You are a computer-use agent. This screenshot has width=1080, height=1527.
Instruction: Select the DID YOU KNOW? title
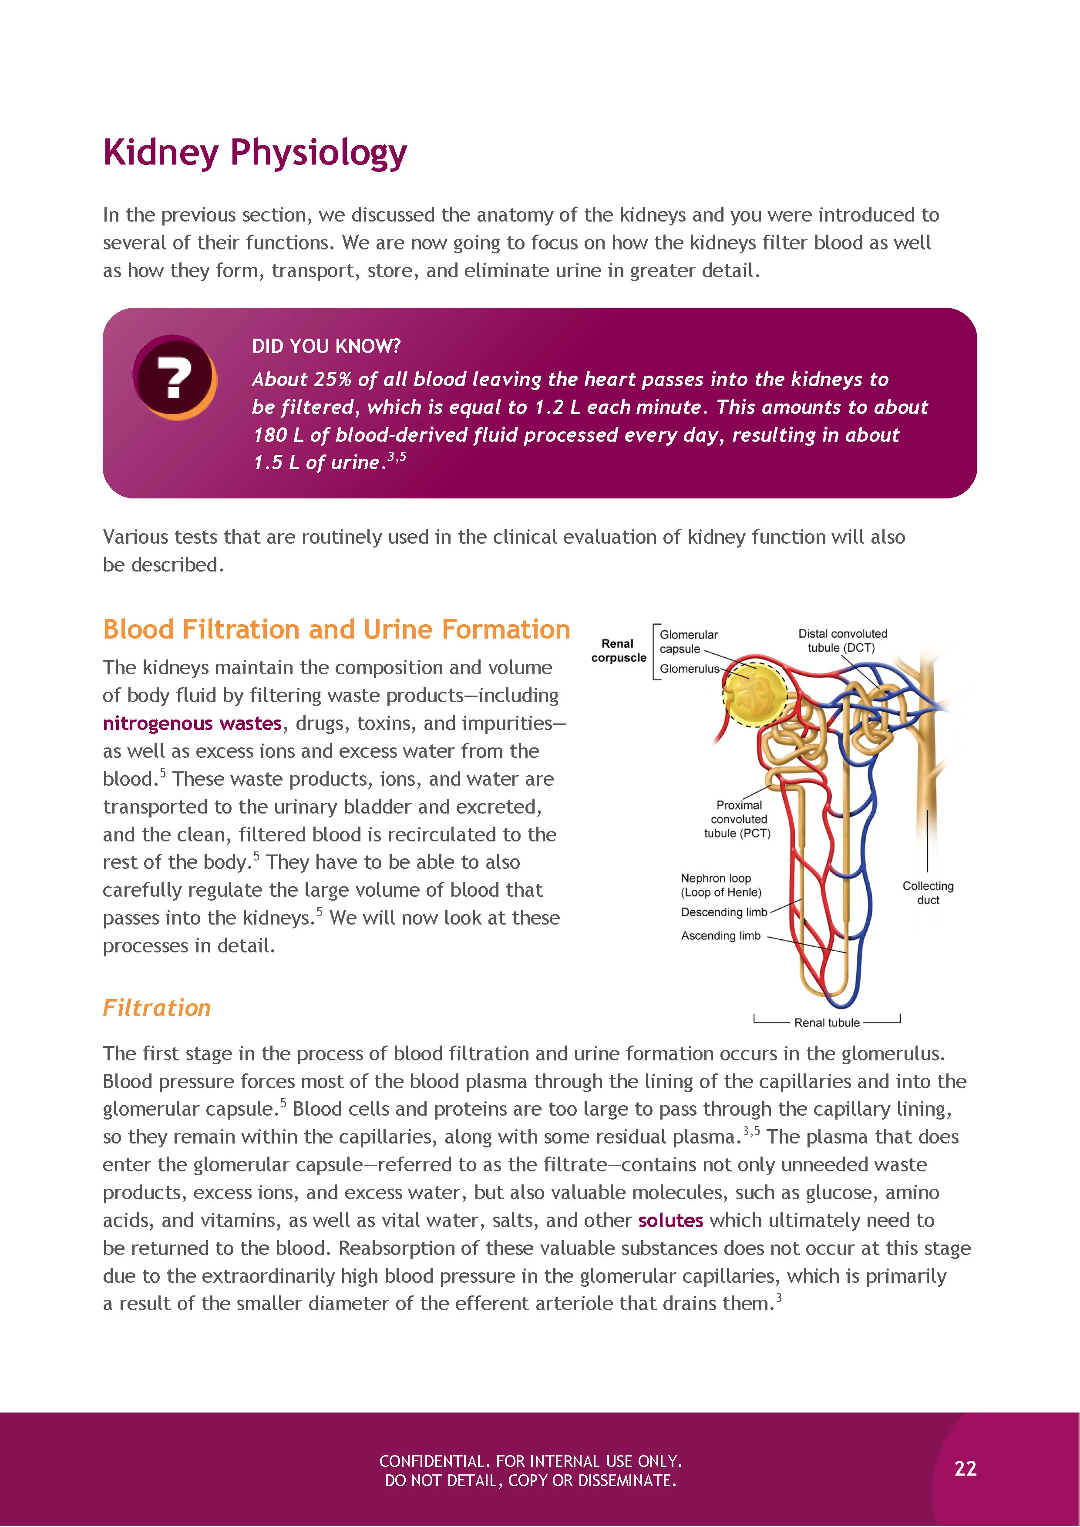click(326, 346)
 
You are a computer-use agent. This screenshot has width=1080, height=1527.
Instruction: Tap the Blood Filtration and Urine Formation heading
click(336, 629)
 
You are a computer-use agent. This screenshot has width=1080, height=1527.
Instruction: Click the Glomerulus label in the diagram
click(689, 669)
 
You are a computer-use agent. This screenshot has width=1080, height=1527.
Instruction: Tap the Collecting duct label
click(928, 892)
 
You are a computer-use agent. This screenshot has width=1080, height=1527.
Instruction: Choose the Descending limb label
click(723, 912)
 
